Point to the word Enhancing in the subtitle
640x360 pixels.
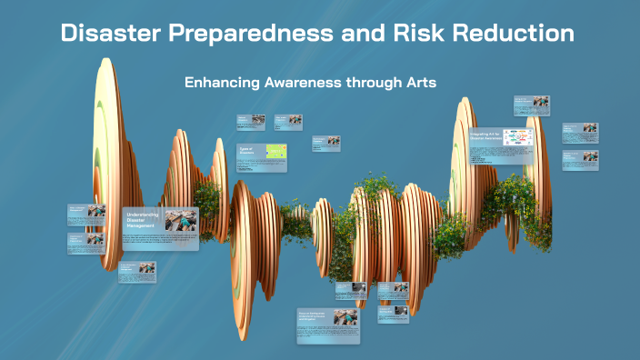click(x=222, y=82)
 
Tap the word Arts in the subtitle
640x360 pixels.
click(x=422, y=82)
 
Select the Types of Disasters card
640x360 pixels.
click(x=262, y=155)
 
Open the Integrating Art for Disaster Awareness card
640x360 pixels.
click(x=501, y=145)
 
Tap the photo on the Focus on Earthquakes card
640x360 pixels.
click(x=345, y=319)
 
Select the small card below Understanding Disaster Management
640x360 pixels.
click(x=136, y=272)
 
